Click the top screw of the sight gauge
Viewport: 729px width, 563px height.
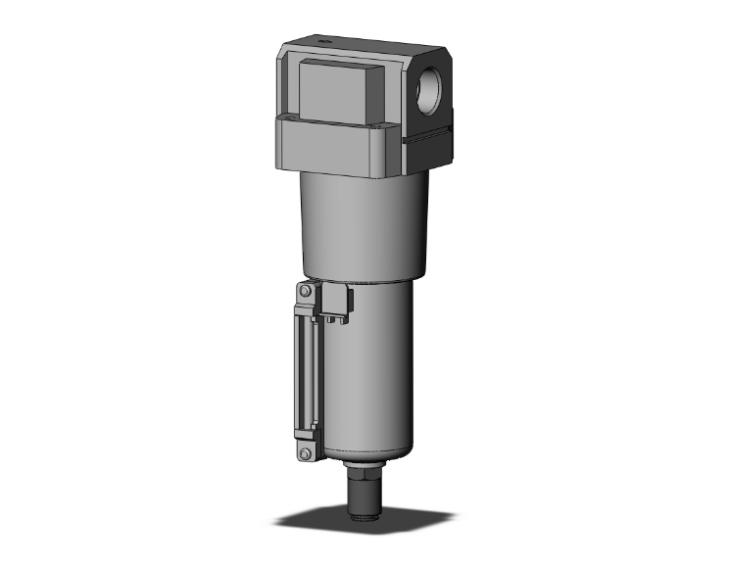[x=306, y=293]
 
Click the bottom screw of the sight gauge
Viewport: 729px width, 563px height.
[x=306, y=453]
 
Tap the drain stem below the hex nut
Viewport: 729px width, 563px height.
[x=365, y=494]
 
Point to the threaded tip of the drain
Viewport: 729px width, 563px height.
[x=365, y=508]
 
